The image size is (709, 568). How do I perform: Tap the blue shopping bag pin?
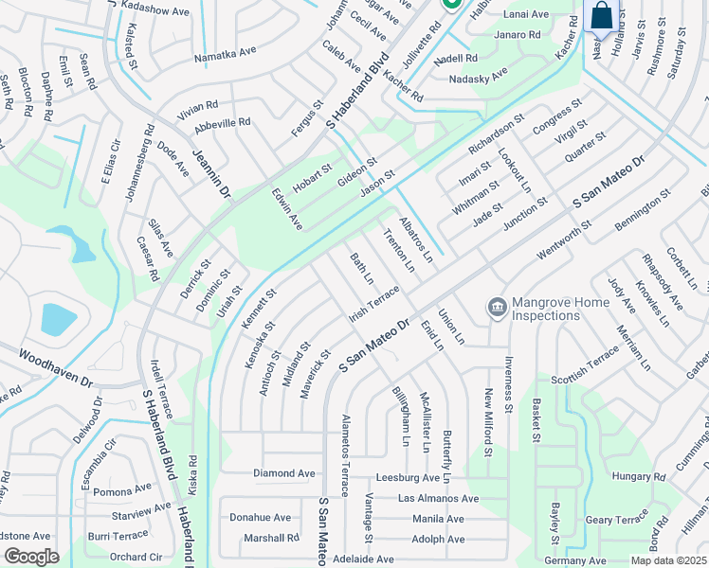click(x=601, y=16)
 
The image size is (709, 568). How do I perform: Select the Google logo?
click(x=31, y=557)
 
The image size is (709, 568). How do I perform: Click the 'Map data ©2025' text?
click(x=668, y=560)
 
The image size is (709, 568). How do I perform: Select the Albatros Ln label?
click(x=415, y=239)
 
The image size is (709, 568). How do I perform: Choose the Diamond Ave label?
click(x=283, y=472)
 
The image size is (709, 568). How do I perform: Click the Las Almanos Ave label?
click(x=438, y=498)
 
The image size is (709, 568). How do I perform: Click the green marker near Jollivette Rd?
click(x=452, y=5)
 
